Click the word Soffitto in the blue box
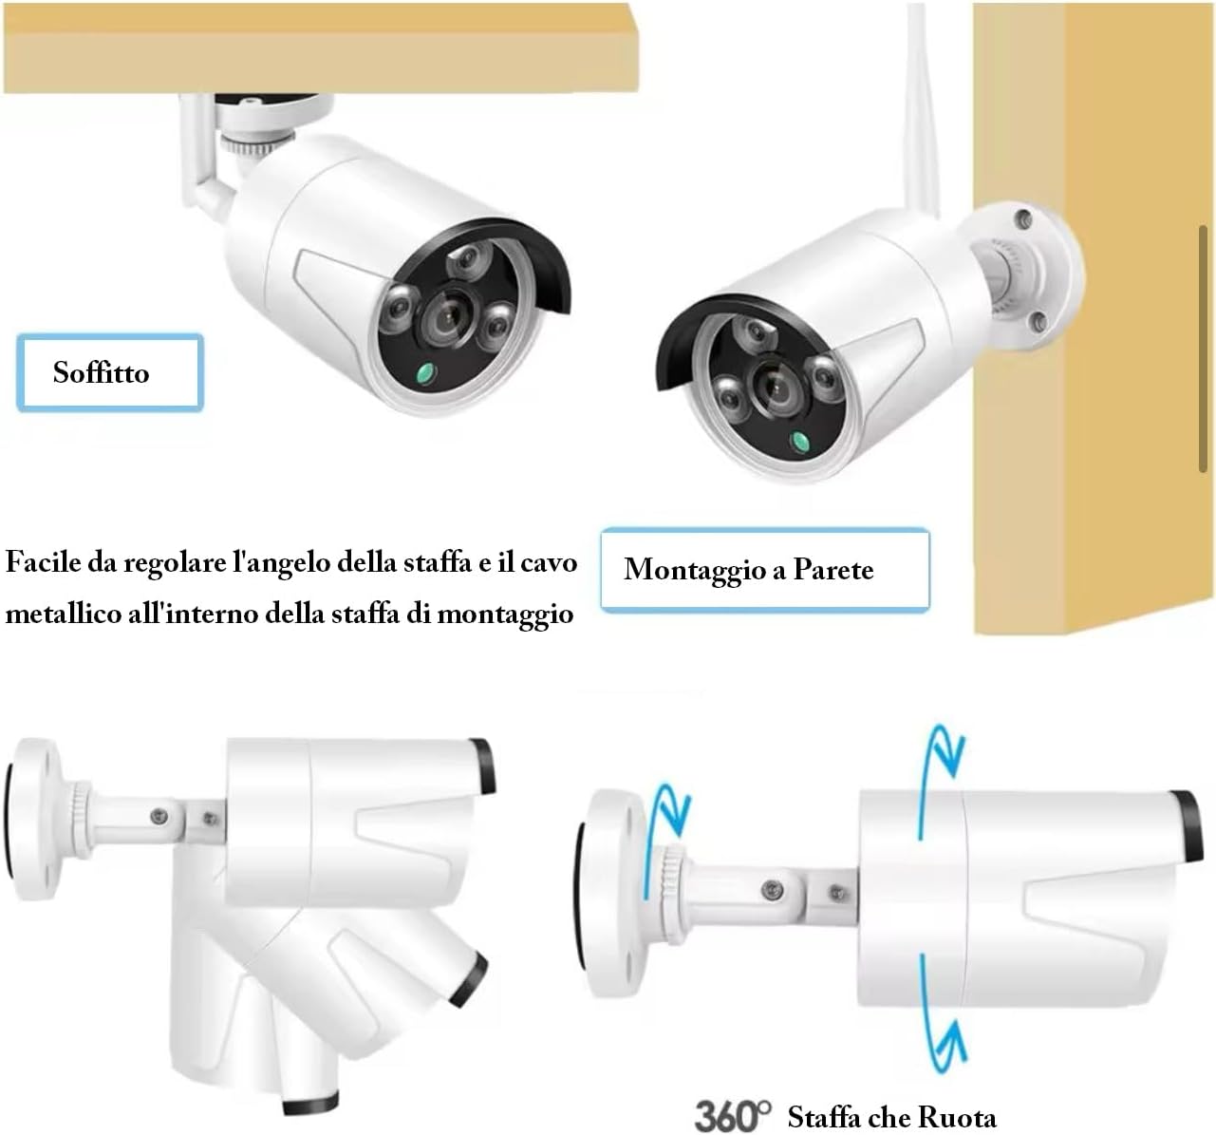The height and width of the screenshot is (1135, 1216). pos(101,372)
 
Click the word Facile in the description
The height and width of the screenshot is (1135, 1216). pos(44,562)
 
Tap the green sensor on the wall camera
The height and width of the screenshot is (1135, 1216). pos(800,440)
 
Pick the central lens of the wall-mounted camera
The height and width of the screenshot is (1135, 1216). pos(770,384)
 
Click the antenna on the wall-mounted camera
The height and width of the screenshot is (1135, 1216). pos(918,104)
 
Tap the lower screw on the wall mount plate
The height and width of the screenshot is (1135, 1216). pos(1038,320)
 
